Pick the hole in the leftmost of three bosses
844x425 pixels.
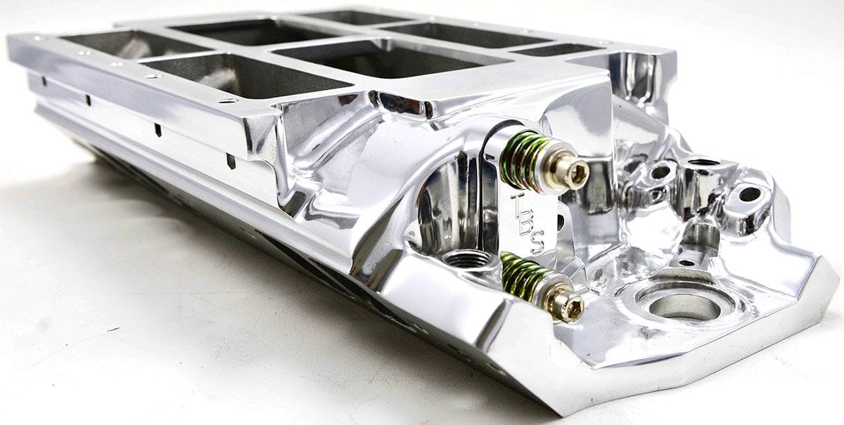coord(660,171)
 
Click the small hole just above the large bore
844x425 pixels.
coord(684,263)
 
